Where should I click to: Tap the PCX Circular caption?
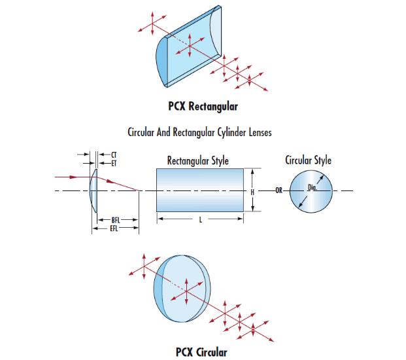click(x=201, y=352)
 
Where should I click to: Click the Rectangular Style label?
click(x=197, y=160)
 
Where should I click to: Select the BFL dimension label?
click(x=115, y=221)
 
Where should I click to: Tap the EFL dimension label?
click(x=115, y=229)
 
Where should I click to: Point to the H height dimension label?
click(x=252, y=190)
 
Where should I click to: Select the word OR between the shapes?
click(x=278, y=191)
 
